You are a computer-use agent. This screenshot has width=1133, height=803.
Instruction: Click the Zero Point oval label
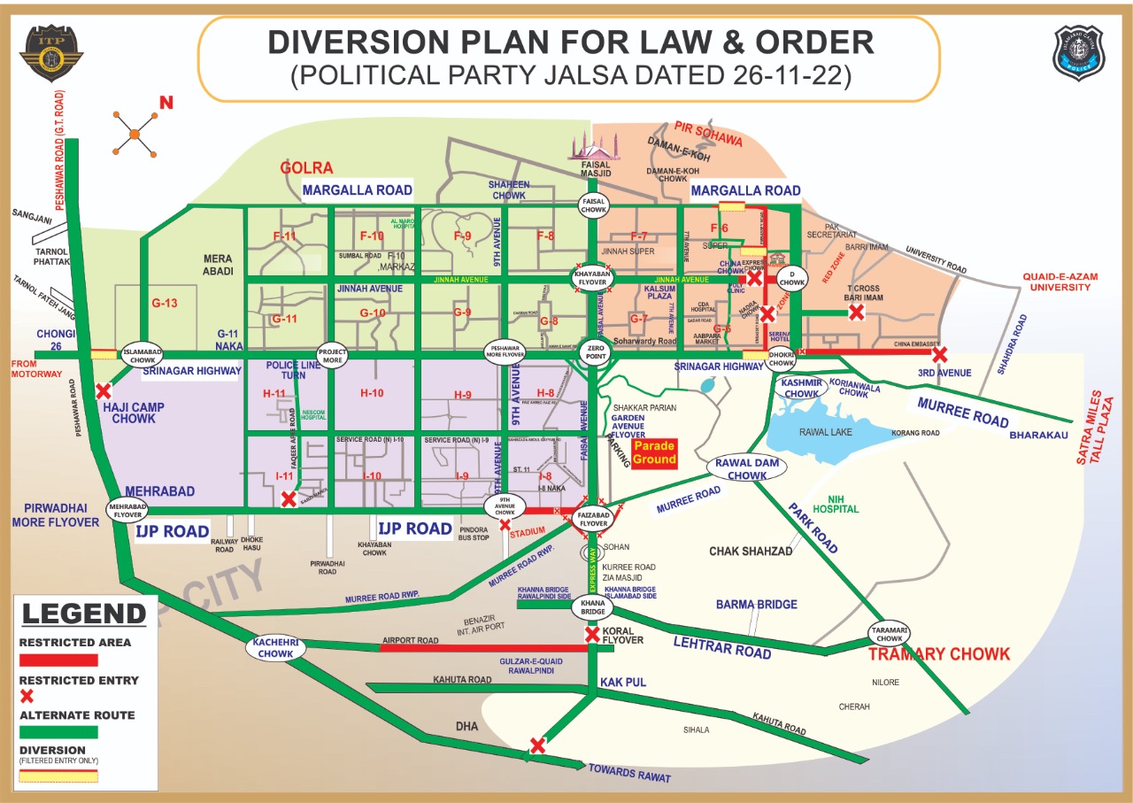(x=593, y=351)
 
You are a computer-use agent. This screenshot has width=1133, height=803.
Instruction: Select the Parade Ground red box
(x=655, y=452)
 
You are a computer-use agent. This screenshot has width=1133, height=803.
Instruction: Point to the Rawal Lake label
(x=825, y=432)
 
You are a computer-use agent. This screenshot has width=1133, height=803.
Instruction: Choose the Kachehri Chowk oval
(x=274, y=648)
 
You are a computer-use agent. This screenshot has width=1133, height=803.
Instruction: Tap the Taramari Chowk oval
(x=890, y=633)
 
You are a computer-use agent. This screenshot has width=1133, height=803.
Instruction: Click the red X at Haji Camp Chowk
(x=104, y=390)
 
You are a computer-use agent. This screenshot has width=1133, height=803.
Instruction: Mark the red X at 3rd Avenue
(x=940, y=354)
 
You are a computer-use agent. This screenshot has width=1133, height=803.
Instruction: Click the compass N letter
(x=166, y=104)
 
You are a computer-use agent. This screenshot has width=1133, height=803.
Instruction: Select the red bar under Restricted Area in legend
(x=58, y=660)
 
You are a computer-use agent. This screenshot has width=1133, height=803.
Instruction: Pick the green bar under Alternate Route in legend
(x=58, y=732)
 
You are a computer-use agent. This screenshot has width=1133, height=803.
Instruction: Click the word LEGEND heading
(x=83, y=614)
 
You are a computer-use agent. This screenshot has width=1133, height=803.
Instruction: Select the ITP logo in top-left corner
(x=51, y=54)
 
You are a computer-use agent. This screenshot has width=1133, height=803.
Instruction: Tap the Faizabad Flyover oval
(x=593, y=518)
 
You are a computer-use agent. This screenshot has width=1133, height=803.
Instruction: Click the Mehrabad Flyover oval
(x=127, y=509)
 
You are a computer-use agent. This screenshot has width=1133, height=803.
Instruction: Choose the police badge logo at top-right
(x=1078, y=53)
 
